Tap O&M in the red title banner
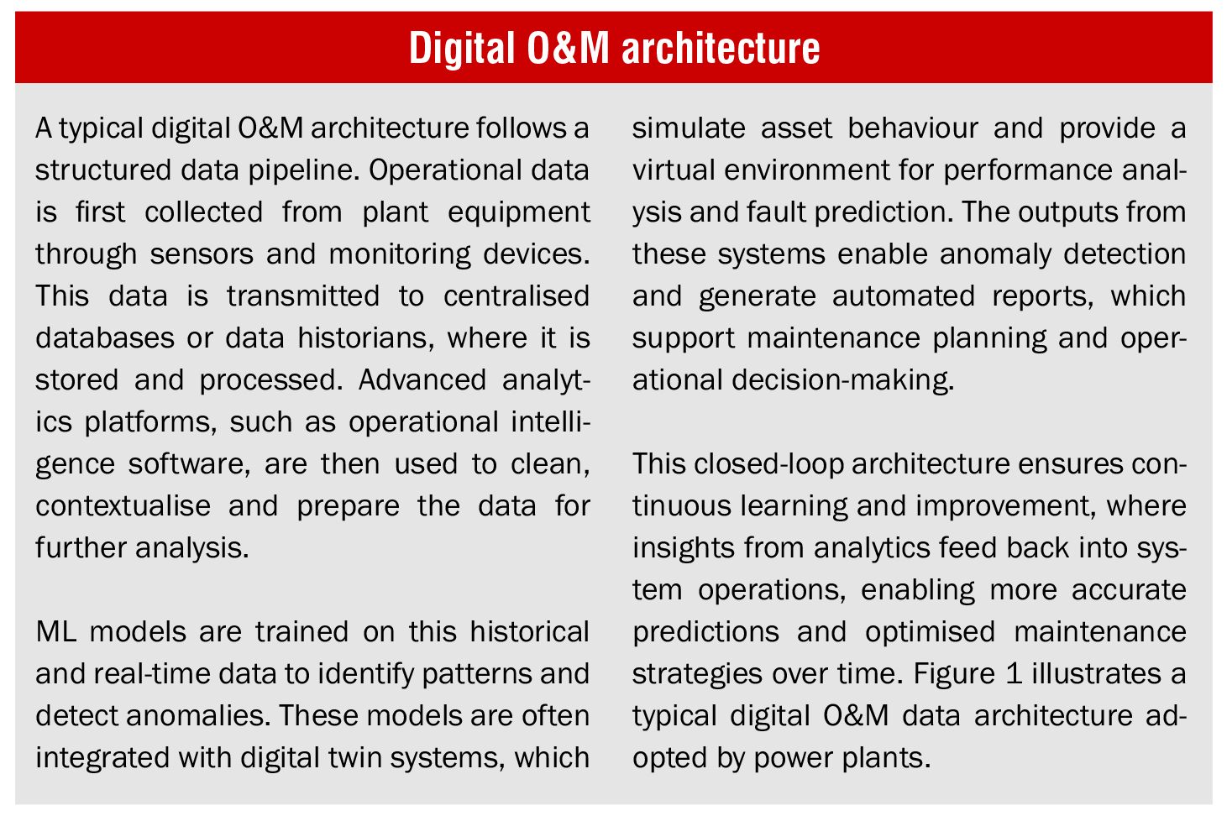[x=568, y=48]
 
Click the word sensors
[x=202, y=254]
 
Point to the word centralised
[x=516, y=296]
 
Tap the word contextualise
[x=123, y=505]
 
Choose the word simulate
[x=689, y=128]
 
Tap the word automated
[x=904, y=296]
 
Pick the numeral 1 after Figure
[x=1014, y=673]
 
